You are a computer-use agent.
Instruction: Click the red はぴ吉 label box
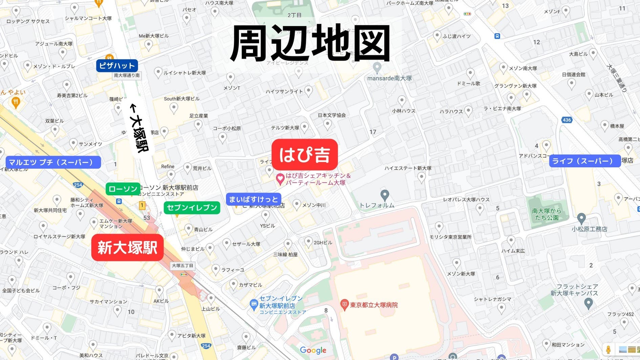tap(304, 155)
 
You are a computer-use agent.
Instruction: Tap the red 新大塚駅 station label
tap(127, 248)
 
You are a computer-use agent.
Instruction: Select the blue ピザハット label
tap(117, 65)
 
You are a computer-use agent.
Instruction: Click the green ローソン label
tap(123, 189)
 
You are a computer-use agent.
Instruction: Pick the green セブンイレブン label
tap(192, 208)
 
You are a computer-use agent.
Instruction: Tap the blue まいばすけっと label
tap(253, 199)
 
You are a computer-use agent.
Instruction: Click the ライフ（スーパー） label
tap(584, 161)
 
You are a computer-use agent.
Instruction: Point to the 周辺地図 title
tap(310, 44)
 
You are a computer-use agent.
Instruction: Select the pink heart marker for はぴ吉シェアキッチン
tap(280, 179)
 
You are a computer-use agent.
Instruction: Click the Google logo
tap(313, 351)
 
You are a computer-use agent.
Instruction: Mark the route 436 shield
tap(567, 120)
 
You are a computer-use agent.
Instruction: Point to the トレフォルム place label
tap(377, 205)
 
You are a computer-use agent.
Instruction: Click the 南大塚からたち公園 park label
tap(546, 214)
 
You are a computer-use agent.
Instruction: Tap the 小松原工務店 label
tap(589, 229)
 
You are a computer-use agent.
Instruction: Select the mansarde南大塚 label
tap(389, 78)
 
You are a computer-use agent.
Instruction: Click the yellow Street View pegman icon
tap(608, 350)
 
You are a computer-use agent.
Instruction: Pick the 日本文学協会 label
tap(332, 115)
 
